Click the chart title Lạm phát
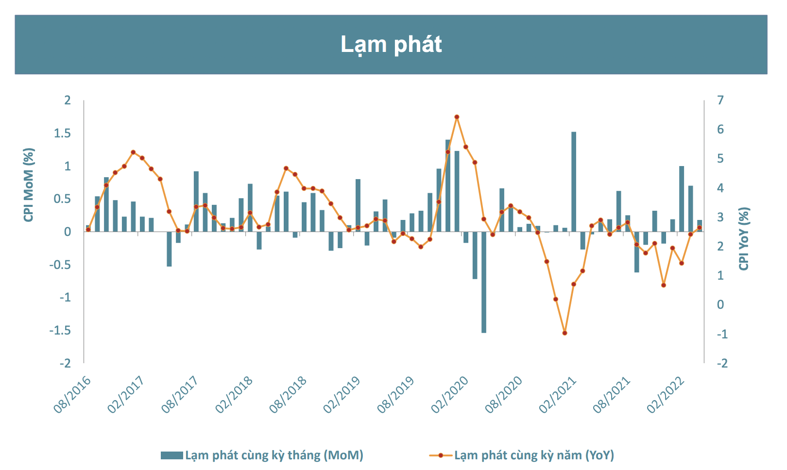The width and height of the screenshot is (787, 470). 391,44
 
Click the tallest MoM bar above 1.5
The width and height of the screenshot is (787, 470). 574,182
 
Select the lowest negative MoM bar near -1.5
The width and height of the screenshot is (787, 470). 484,282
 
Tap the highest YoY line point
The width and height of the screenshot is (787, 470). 457,117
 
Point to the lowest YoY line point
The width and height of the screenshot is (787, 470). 565,333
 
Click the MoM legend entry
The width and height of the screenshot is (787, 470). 262,455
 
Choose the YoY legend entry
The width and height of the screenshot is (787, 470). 522,455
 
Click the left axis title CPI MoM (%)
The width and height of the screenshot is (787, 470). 29,185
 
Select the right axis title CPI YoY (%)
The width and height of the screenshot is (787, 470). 744,238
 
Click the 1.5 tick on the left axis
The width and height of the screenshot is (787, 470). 62,134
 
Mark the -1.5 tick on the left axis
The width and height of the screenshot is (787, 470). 60,331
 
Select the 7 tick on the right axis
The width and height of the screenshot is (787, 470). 720,101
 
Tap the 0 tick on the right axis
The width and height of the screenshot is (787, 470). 720,305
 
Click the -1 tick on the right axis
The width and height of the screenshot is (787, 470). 722,335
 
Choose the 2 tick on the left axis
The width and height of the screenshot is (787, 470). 68,101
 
